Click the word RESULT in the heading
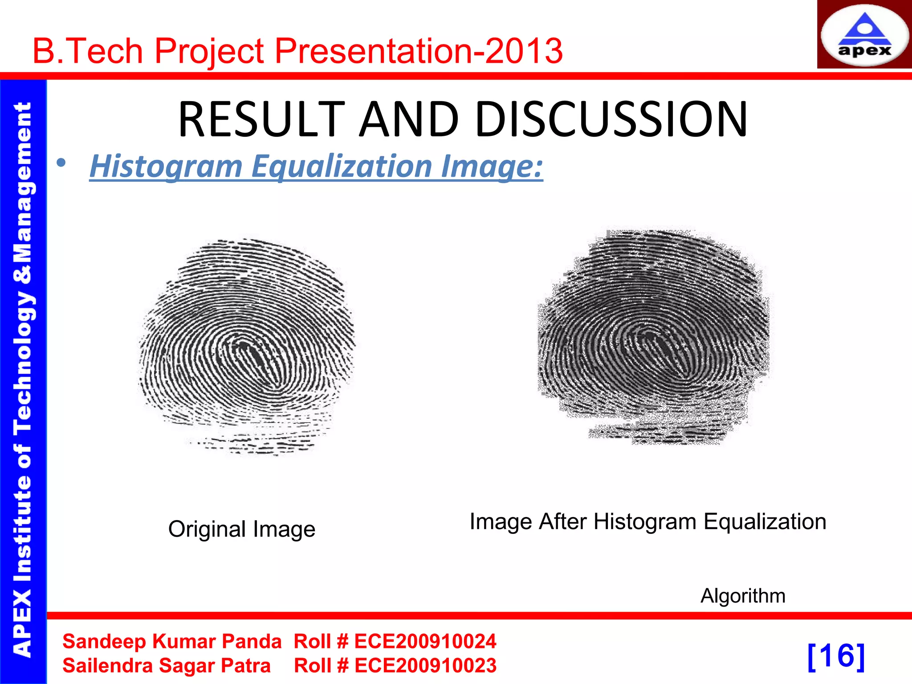(x=261, y=119)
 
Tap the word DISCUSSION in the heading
(x=611, y=119)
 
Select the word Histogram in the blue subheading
(x=166, y=166)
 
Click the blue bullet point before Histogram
(x=61, y=163)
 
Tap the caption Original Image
(x=242, y=529)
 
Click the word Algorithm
(x=743, y=596)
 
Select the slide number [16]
(x=836, y=656)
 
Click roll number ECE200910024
(x=425, y=642)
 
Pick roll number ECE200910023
(x=425, y=666)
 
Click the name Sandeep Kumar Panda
(x=172, y=642)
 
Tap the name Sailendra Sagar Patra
(x=167, y=666)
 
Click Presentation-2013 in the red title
(x=419, y=51)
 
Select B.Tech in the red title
(x=88, y=51)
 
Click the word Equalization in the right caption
(x=765, y=521)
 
